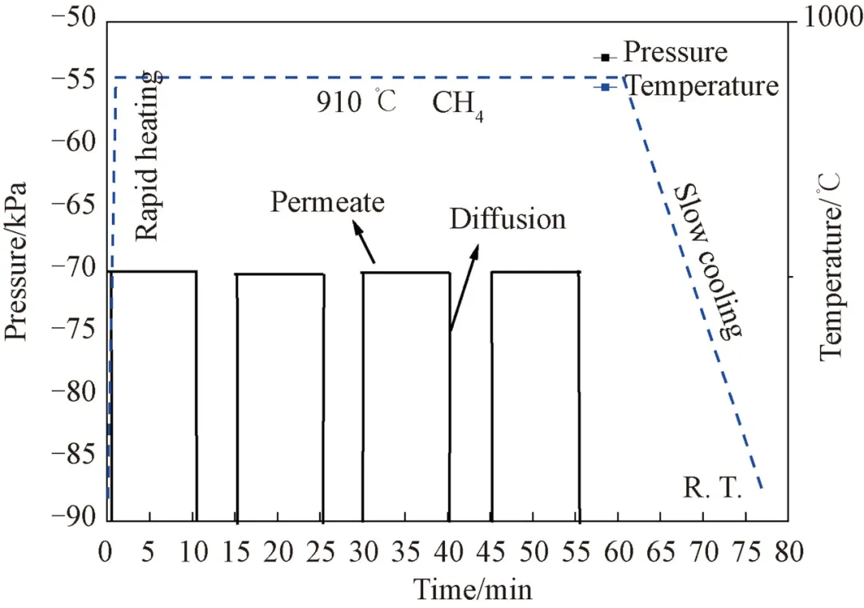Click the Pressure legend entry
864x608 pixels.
click(x=674, y=53)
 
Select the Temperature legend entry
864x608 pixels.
click(x=701, y=86)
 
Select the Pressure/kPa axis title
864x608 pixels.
click(x=18, y=261)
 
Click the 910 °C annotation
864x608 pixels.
click(x=355, y=103)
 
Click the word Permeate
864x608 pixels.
click(x=326, y=201)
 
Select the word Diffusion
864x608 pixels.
click(x=507, y=218)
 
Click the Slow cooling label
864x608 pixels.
click(x=707, y=261)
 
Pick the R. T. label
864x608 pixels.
click(x=714, y=487)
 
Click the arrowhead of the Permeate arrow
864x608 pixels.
click(x=356, y=227)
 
